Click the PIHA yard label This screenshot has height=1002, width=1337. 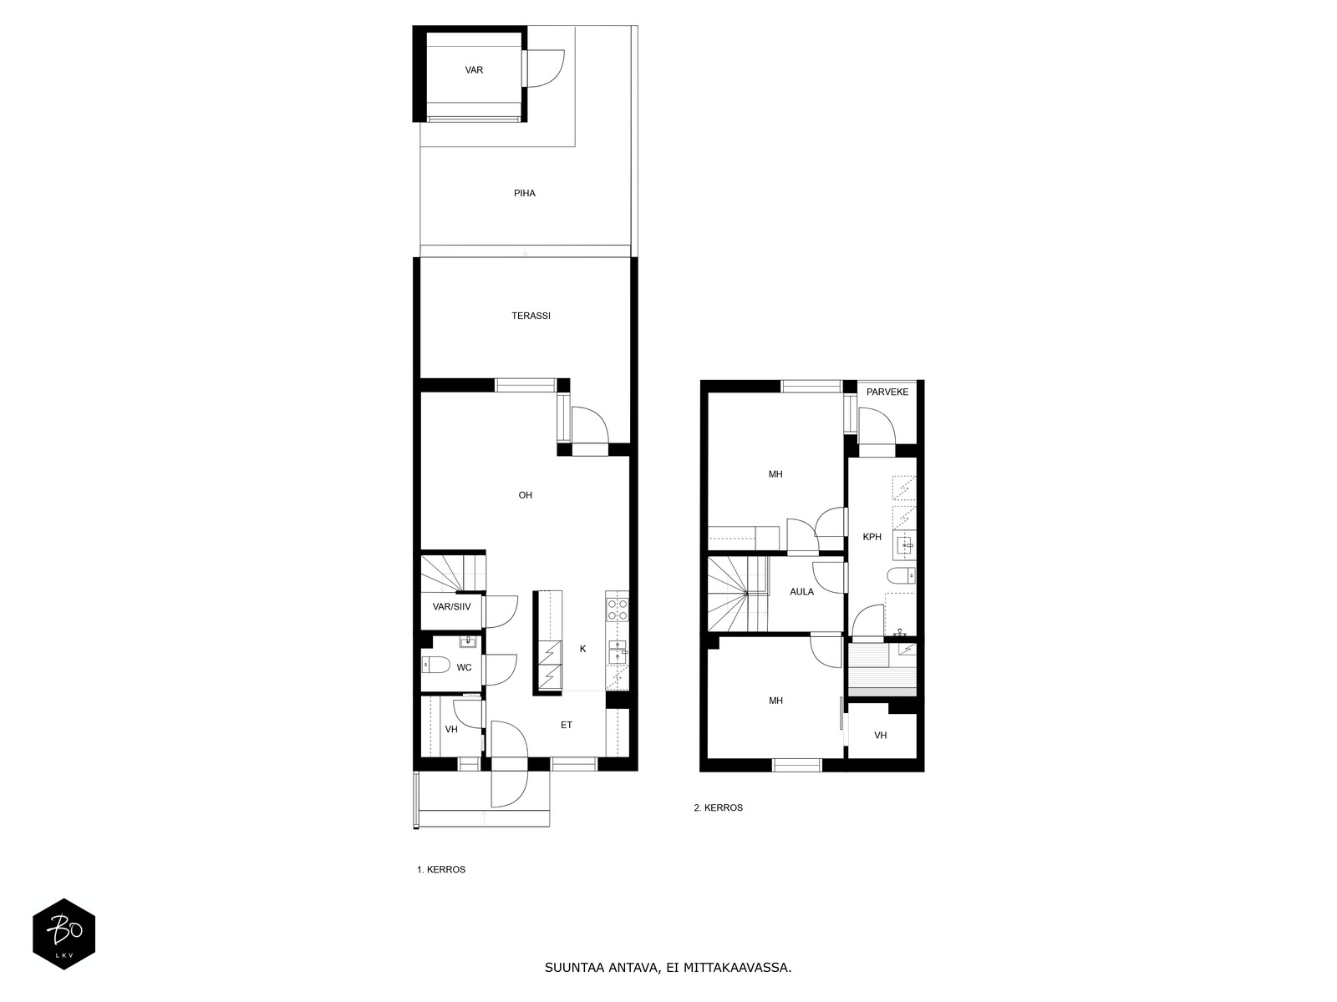pyautogui.click(x=525, y=194)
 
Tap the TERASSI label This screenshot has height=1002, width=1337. pyautogui.click(x=531, y=316)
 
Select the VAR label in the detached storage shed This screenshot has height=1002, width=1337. pyautogui.click(x=474, y=70)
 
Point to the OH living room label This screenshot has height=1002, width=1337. pyautogui.click(x=525, y=495)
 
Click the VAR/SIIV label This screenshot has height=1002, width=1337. pyautogui.click(x=452, y=606)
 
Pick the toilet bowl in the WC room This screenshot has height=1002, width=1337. pyautogui.click(x=435, y=665)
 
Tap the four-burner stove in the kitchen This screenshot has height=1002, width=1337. pyautogui.click(x=617, y=609)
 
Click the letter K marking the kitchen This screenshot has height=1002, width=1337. pyautogui.click(x=583, y=649)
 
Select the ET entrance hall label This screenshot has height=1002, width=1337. pyautogui.click(x=567, y=725)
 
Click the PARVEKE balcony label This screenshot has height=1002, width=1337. pyautogui.click(x=887, y=392)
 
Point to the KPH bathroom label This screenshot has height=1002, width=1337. pyautogui.click(x=872, y=537)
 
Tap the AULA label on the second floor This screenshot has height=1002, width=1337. pyautogui.click(x=801, y=591)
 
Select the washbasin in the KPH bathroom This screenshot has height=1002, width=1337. pyautogui.click(x=904, y=545)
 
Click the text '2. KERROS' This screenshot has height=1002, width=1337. pyautogui.click(x=718, y=808)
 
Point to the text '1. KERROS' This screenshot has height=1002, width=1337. pyautogui.click(x=441, y=870)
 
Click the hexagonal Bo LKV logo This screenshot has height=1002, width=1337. pyautogui.click(x=64, y=934)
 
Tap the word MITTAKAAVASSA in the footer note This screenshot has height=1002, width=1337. pyautogui.click(x=737, y=967)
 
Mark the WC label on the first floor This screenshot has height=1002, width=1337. pyautogui.click(x=464, y=668)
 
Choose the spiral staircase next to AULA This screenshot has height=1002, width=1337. pyautogui.click(x=738, y=595)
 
